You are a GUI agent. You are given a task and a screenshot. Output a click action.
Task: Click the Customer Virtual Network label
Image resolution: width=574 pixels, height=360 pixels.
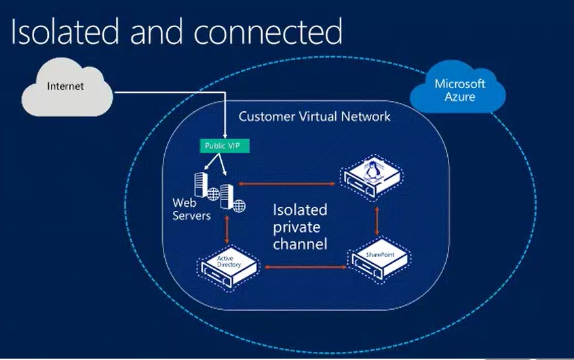314,117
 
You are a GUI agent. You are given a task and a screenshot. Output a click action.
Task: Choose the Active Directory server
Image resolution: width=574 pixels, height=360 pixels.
228,264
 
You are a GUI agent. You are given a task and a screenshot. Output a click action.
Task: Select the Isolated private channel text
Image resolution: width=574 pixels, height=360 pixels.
300,226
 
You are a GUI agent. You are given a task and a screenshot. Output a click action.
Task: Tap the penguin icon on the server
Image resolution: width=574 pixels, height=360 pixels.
371,168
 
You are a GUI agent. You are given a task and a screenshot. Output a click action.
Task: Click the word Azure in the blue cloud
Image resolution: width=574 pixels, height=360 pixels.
460,97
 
